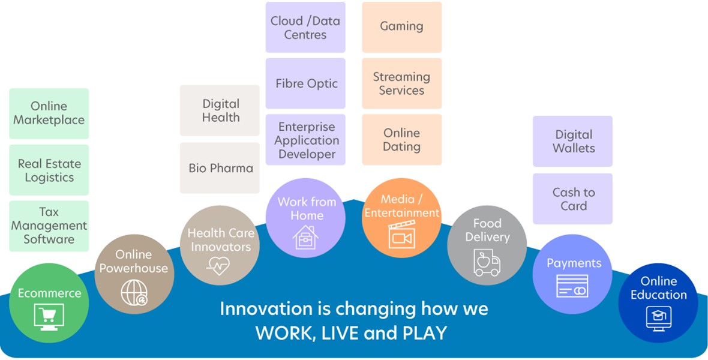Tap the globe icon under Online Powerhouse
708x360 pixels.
(134, 293)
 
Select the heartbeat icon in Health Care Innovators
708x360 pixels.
(218, 266)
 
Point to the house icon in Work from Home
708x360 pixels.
(305, 237)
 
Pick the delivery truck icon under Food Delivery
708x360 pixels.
(487, 262)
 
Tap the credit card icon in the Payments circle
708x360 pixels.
(572, 286)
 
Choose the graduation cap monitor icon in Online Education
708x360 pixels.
(658, 319)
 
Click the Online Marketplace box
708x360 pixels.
(49, 113)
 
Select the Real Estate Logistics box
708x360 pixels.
(49, 170)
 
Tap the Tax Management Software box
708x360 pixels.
(49, 226)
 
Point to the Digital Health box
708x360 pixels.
(220, 110)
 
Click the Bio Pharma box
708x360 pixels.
(220, 168)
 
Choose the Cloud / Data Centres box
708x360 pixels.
(305, 27)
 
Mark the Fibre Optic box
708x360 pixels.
(305, 83)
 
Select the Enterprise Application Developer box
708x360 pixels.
(305, 140)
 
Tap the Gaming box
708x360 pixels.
(402, 27)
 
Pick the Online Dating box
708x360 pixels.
(402, 140)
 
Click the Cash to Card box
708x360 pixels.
(572, 199)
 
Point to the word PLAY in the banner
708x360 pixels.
(424, 333)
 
